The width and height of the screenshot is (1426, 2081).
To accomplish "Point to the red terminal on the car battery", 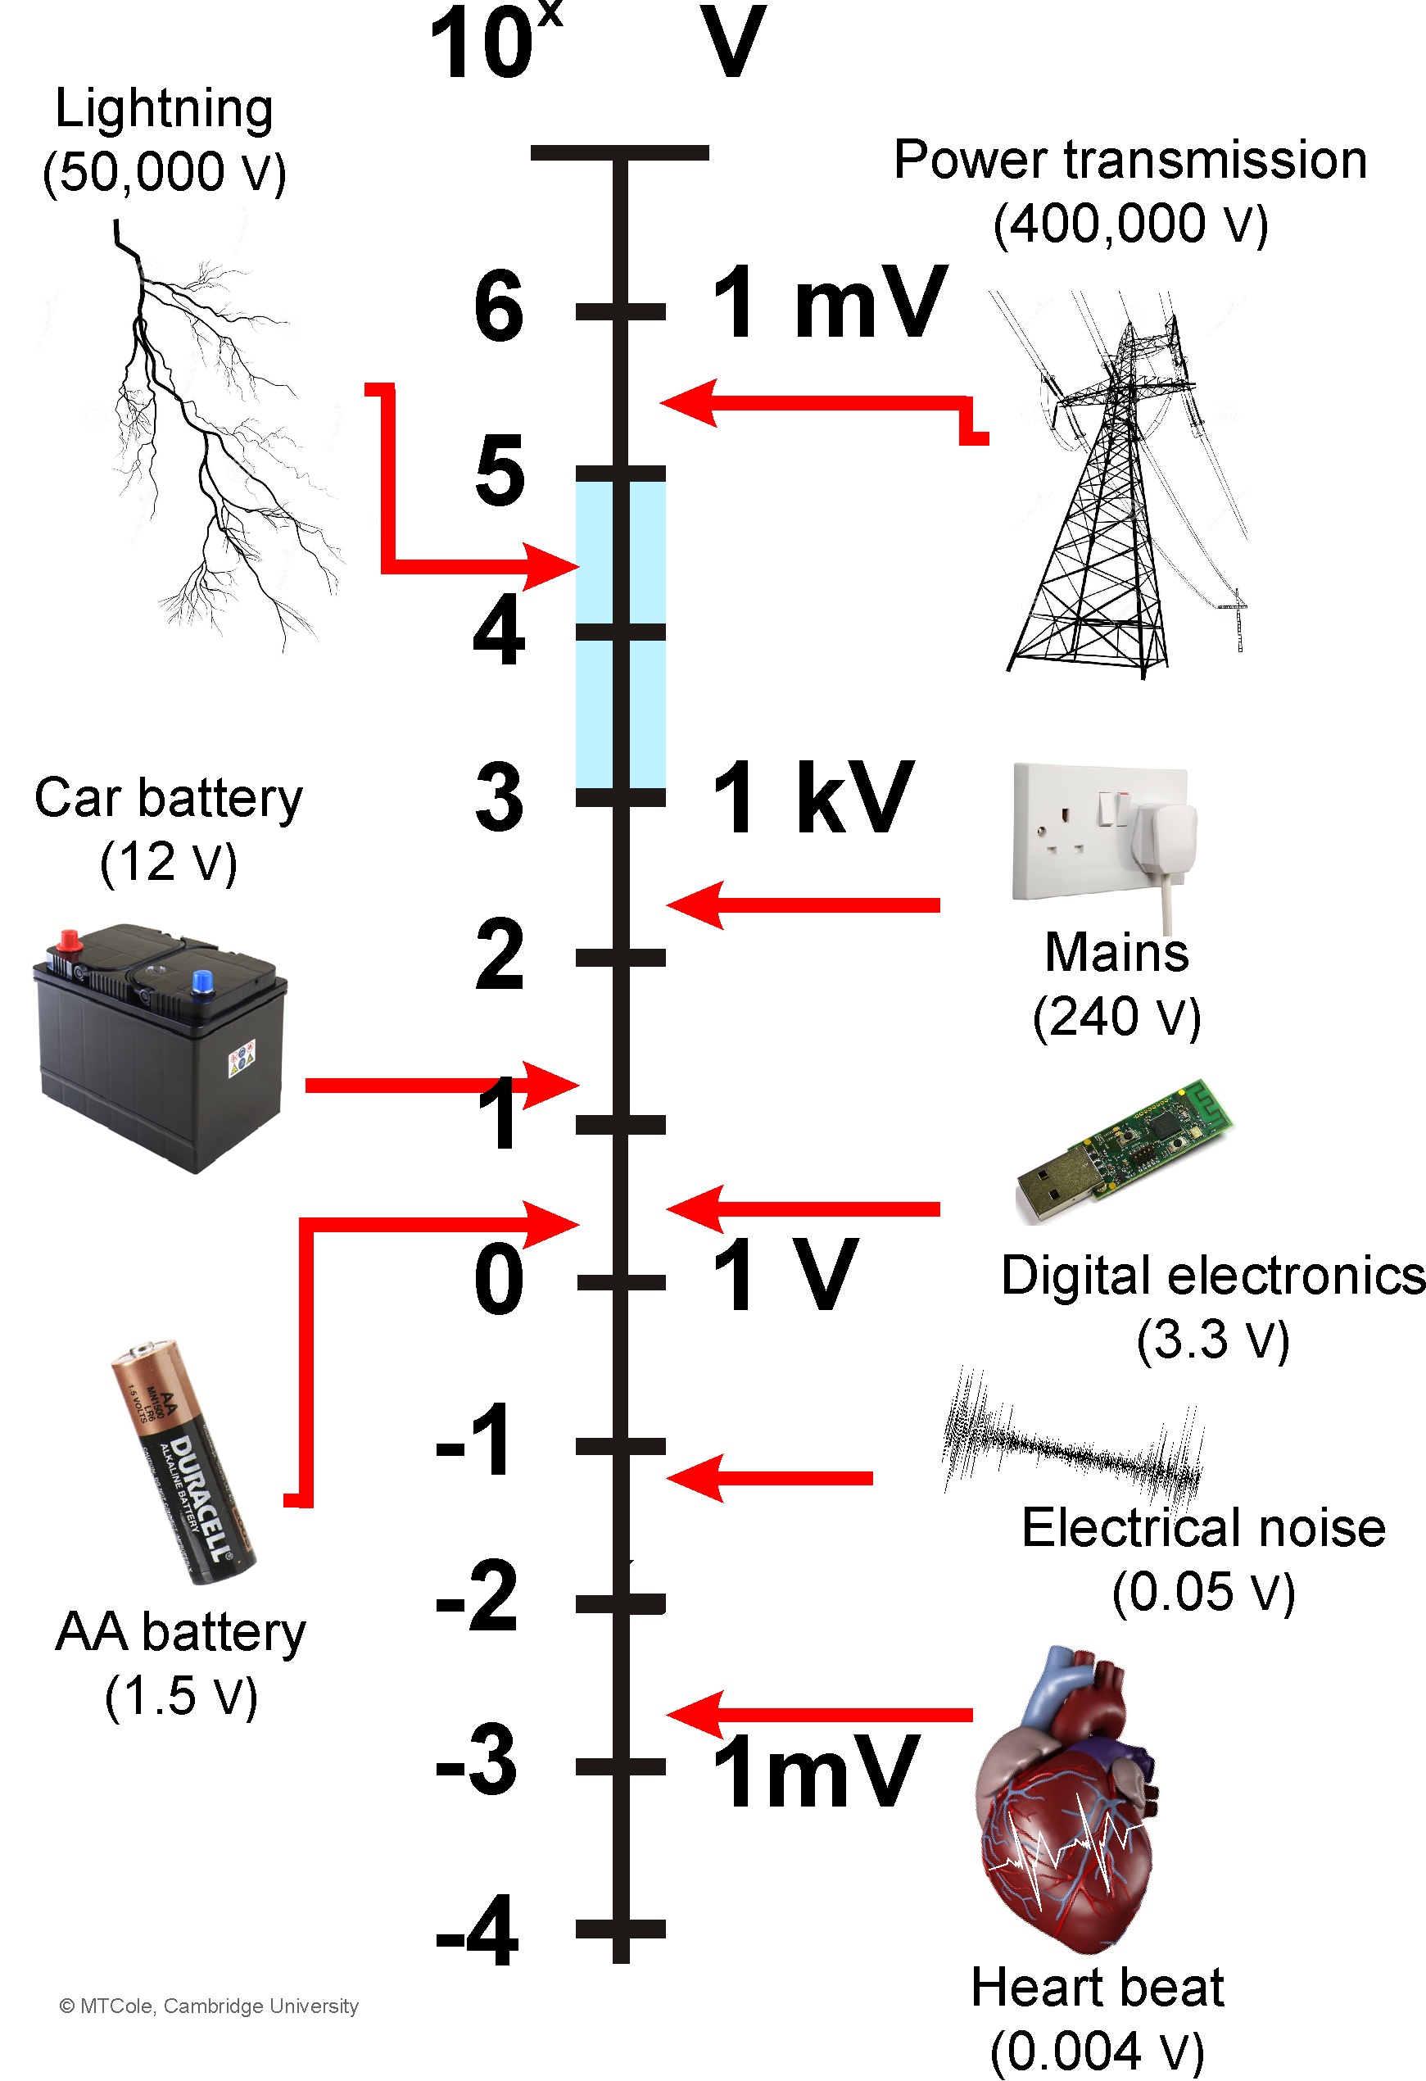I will click(x=68, y=941).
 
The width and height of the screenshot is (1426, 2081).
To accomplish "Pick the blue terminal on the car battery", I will click(x=202, y=982).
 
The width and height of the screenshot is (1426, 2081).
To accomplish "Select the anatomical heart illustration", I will click(x=1066, y=1800).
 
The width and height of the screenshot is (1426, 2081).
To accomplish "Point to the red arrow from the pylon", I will click(x=823, y=404).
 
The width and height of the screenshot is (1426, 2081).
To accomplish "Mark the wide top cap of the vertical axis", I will click(x=619, y=153).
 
